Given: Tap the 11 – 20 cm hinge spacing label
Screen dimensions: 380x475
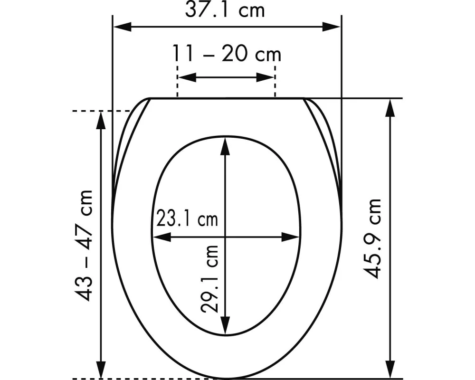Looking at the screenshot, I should tap(226, 54).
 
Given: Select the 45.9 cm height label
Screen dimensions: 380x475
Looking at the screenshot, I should tap(371, 238).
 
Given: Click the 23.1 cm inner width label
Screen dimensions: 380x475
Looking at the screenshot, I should tap(187, 219).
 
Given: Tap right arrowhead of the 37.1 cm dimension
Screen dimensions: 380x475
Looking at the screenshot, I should tap(331, 26).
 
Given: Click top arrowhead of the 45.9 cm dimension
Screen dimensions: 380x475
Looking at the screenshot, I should tap(390, 108).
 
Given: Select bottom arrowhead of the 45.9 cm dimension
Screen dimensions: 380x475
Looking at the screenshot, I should tap(390, 370).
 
